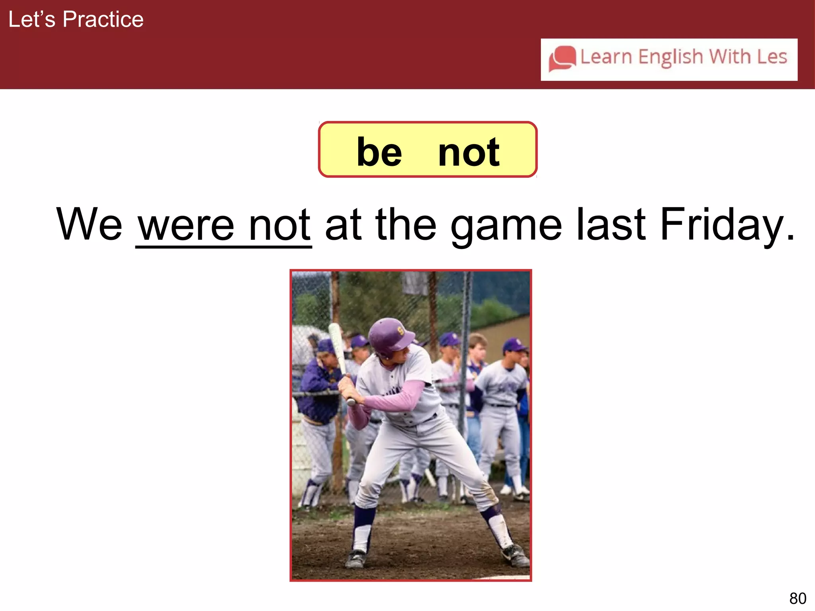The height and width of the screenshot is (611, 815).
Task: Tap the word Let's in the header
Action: pyautogui.click(x=32, y=19)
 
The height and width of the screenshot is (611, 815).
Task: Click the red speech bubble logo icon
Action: pyautogui.click(x=562, y=59)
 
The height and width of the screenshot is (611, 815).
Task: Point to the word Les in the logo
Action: pyautogui.click(x=772, y=57)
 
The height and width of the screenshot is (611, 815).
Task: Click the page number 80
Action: pyautogui.click(x=797, y=598)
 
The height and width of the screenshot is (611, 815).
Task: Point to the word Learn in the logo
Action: pyautogui.click(x=606, y=57)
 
